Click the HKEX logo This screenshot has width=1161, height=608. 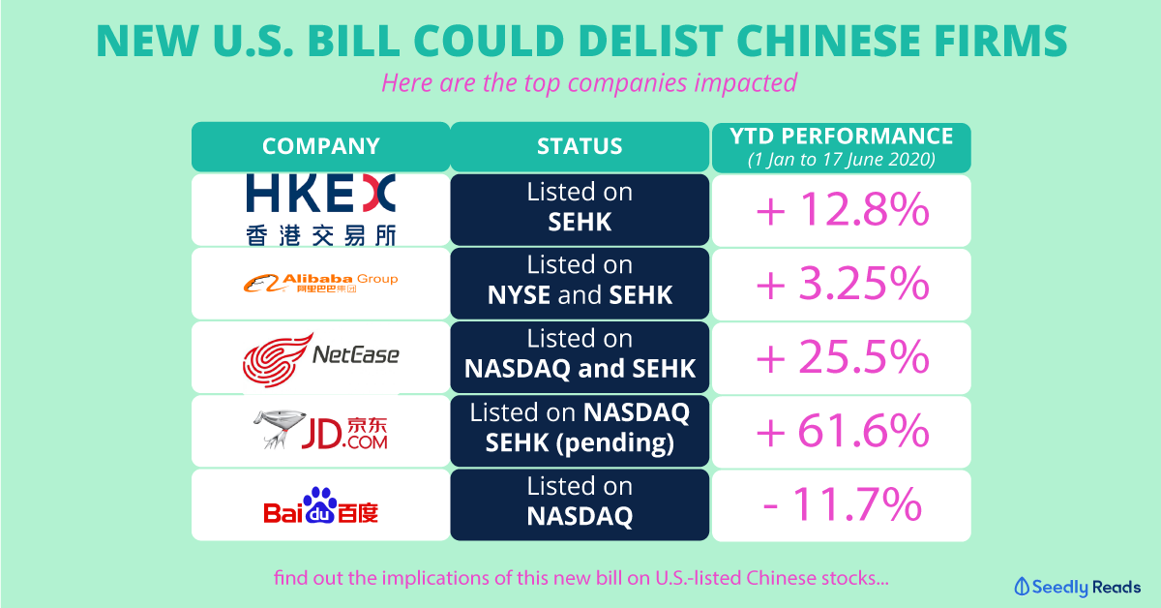[x=320, y=209]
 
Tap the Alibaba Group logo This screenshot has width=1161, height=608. [x=320, y=283]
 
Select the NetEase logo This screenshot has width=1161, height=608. [x=320, y=357]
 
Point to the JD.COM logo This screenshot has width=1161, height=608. [x=320, y=431]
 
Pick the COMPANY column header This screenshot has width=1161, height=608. [x=320, y=147]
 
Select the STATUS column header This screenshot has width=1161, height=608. [x=580, y=147]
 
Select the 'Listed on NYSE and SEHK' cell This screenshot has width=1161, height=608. [x=580, y=284]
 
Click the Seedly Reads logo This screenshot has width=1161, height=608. [x=1077, y=587]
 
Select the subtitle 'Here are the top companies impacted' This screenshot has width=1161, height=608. [x=588, y=82]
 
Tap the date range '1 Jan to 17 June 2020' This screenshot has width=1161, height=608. [x=840, y=159]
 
